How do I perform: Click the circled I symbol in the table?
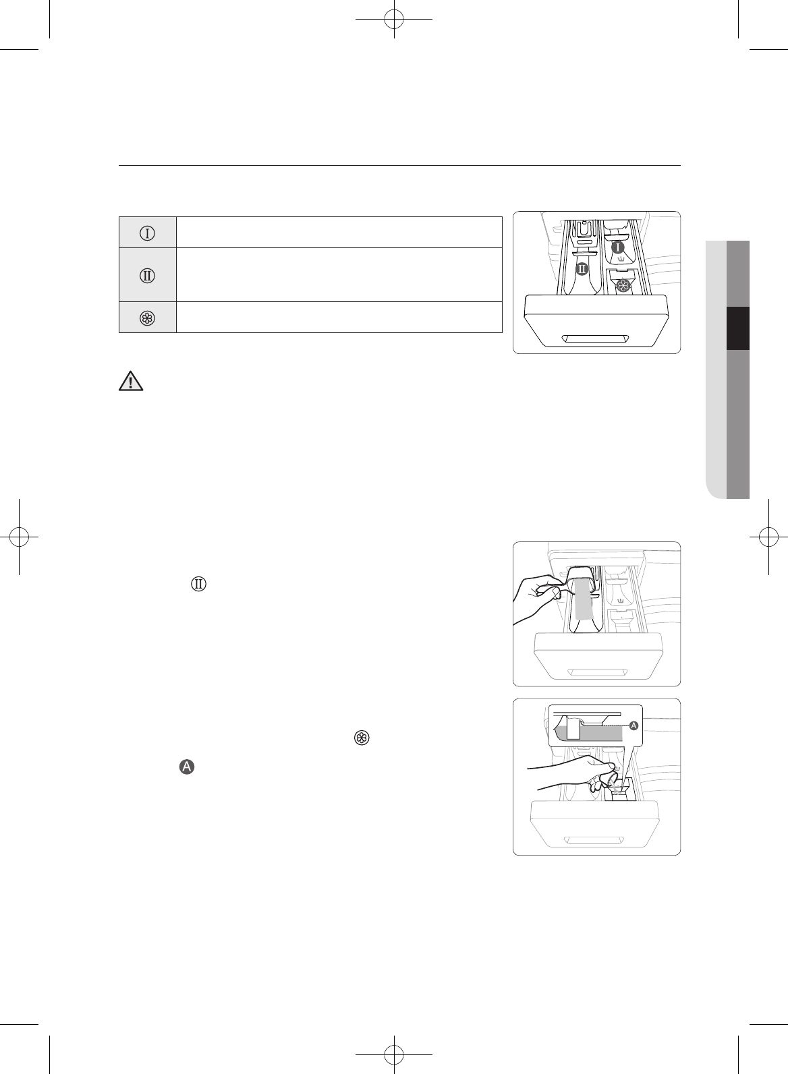(147, 233)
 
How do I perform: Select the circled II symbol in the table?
(147, 275)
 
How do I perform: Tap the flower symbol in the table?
(147, 318)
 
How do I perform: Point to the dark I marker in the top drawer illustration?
(618, 248)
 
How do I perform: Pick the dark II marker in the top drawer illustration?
(582, 269)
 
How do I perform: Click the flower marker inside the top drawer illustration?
(625, 287)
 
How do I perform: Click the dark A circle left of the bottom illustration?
(187, 767)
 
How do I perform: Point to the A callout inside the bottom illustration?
(634, 726)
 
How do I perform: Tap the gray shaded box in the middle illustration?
(583, 599)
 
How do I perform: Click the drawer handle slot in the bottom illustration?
(596, 840)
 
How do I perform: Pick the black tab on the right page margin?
(738, 328)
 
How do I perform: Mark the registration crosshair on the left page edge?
(20, 537)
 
